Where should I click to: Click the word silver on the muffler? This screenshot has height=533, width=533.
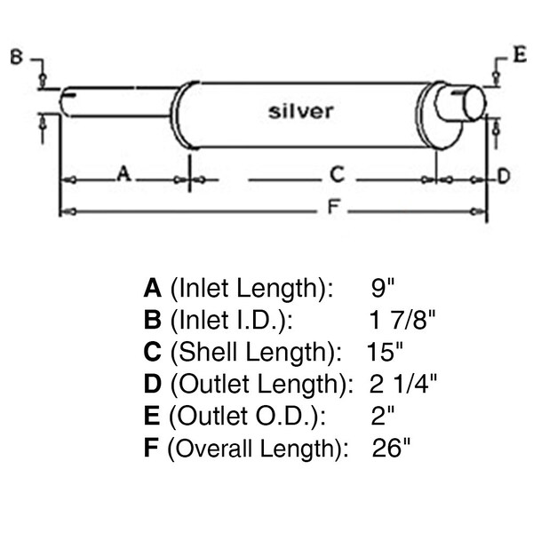(301, 111)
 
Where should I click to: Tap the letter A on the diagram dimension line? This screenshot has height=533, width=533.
(124, 176)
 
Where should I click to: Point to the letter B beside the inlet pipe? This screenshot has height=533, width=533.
(16, 59)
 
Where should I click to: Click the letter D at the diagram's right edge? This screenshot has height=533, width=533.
(503, 177)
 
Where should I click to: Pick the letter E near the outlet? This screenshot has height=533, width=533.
(519, 55)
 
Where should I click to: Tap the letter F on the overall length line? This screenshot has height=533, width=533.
(333, 209)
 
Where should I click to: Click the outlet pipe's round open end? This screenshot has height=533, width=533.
(472, 102)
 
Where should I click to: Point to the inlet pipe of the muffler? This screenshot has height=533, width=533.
(115, 99)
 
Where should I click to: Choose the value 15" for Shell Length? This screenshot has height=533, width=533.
(386, 351)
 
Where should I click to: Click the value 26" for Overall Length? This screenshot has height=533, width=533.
(392, 447)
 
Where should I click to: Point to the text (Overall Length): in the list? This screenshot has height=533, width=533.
(257, 448)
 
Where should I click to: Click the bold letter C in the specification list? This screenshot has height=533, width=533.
(152, 352)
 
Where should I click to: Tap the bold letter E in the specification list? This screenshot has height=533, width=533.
(151, 416)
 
